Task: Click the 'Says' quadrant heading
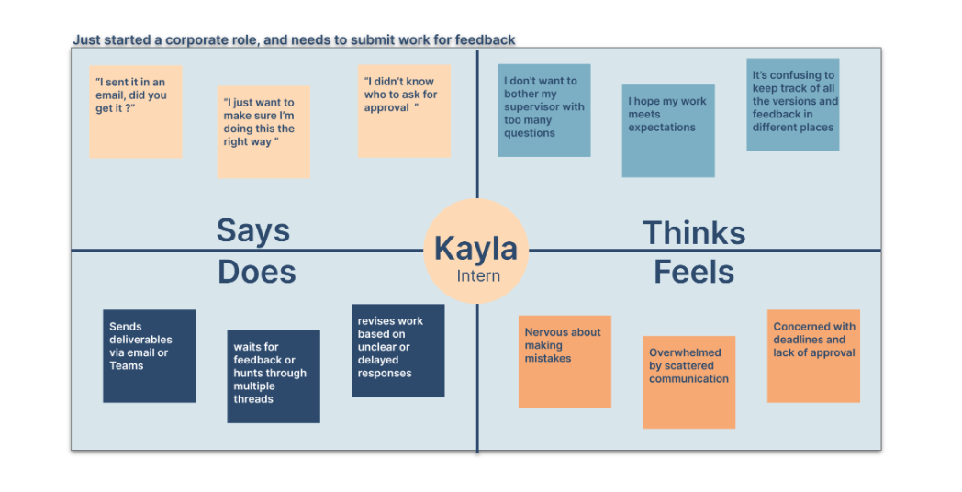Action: point(252,229)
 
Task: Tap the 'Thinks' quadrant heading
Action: point(693,232)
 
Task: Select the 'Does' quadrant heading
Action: point(257,272)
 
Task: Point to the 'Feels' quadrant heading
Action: point(694,272)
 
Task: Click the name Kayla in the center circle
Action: point(475,248)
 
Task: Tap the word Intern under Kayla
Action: point(478,275)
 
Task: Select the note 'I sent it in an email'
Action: point(136,111)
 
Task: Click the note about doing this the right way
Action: point(263,131)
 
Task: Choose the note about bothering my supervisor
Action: point(543,110)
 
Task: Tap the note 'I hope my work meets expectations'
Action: point(667,130)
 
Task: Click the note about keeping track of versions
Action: point(792,104)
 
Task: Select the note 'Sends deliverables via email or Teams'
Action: point(149,355)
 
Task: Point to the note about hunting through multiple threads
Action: point(274,376)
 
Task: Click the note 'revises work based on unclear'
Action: point(397,350)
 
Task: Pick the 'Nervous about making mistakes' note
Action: point(565,361)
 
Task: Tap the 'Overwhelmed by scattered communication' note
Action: point(688,382)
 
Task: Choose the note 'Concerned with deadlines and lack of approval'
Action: point(813,355)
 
